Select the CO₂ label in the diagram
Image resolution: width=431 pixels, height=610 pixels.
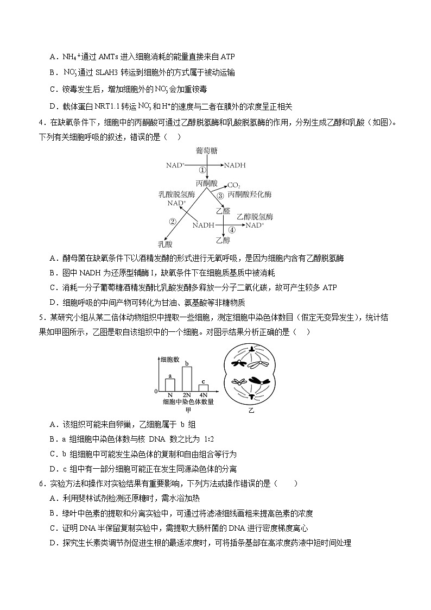click(x=234, y=185)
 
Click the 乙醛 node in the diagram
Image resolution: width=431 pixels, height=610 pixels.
click(x=223, y=210)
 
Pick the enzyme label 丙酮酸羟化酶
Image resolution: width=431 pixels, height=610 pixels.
click(x=250, y=194)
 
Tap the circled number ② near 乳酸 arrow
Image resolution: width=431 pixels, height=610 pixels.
click(x=173, y=221)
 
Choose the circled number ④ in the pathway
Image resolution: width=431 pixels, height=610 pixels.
click(x=232, y=230)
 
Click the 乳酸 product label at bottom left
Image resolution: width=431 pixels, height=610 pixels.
click(x=165, y=244)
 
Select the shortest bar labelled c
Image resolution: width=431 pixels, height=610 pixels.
click(x=203, y=388)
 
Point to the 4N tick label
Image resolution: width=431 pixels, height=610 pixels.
click(x=203, y=395)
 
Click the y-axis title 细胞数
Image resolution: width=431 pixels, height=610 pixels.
click(x=170, y=360)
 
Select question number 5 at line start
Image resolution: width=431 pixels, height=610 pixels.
click(x=41, y=317)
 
